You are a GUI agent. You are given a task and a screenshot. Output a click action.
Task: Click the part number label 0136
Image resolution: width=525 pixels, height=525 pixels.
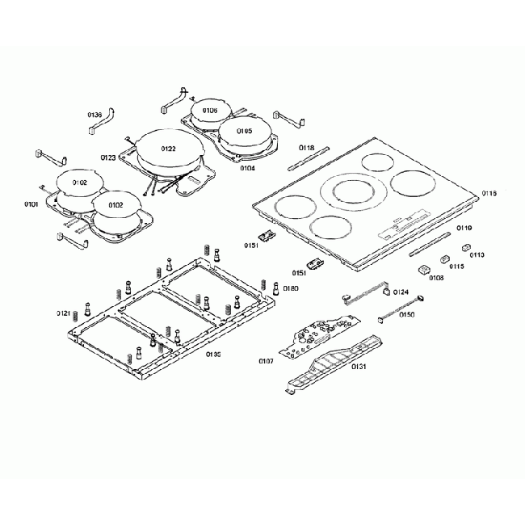coord(95,115)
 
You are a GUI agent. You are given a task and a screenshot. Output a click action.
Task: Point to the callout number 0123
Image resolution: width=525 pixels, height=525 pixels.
coord(107,157)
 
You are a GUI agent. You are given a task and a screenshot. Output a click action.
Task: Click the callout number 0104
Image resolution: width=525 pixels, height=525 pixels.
coord(246,169)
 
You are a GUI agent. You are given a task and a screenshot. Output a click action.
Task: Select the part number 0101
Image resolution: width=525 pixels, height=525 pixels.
coord(31,204)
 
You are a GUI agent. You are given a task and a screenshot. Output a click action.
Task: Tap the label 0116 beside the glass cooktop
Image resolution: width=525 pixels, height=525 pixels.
coord(489,194)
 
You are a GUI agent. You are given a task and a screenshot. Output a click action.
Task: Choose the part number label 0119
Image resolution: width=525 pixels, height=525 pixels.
coord(464,229)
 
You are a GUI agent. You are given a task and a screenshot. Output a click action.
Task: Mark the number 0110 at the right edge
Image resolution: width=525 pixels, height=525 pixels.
coord(477,254)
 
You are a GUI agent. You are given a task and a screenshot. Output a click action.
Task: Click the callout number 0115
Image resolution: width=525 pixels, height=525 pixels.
coord(456,266)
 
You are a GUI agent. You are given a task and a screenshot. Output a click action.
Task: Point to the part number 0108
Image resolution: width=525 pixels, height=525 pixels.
coord(436,278)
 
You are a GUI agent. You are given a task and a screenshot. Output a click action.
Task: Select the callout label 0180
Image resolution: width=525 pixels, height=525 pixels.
coord(291,288)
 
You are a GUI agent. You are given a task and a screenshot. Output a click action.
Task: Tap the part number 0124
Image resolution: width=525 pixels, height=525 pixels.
coord(401,292)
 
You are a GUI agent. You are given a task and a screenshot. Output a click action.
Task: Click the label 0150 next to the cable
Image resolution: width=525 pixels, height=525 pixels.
coord(406,314)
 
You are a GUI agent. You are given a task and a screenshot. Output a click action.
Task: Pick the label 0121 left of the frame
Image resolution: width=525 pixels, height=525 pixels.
coord(64,313)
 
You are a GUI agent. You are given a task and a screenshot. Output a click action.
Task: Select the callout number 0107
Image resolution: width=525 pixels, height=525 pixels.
coord(265,360)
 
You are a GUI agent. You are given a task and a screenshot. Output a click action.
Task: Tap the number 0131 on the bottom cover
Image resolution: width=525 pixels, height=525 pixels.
coord(359,366)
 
